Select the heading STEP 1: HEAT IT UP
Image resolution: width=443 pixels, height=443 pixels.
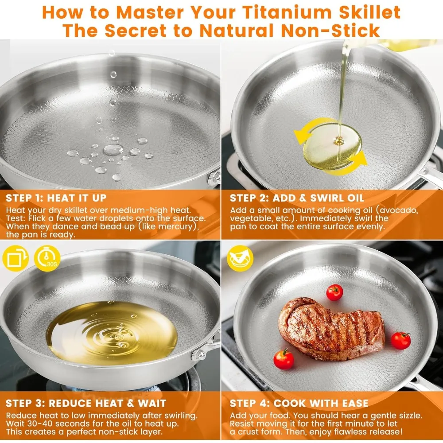(56, 198)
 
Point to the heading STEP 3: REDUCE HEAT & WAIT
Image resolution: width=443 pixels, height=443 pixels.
(86, 403)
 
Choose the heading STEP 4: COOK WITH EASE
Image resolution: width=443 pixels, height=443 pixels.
(299, 403)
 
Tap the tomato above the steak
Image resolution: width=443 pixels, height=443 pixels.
(334, 292)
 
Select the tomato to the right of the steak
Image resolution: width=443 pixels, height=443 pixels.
(400, 340)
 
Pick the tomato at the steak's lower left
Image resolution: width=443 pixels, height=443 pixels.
(284, 359)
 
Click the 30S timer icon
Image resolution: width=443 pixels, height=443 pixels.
(47, 260)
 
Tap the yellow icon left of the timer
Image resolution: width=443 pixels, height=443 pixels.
(16, 260)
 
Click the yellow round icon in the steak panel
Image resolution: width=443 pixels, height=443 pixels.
(240, 258)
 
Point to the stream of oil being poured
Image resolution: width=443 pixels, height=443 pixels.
(343, 89)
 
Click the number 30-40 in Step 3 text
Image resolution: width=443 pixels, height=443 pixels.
(39, 423)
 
